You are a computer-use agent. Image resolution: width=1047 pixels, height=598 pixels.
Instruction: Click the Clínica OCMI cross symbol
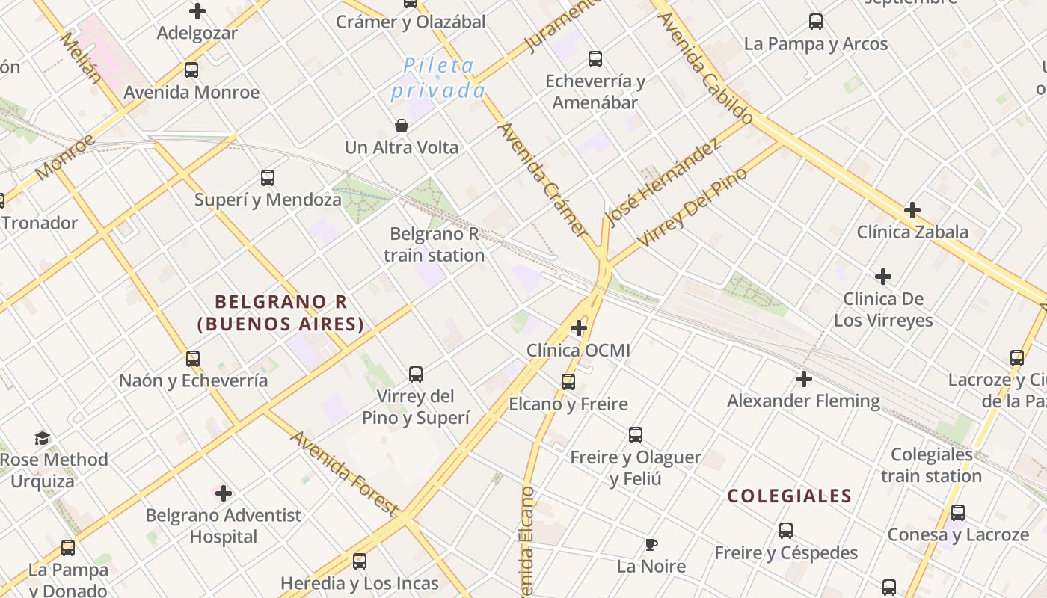click(x=578, y=328)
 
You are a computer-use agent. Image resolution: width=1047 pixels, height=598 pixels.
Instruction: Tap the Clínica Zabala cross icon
click(x=912, y=210)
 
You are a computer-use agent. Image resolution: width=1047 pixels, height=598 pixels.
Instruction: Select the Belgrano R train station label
click(x=435, y=245)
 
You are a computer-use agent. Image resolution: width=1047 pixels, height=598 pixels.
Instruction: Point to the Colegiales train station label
click(x=931, y=465)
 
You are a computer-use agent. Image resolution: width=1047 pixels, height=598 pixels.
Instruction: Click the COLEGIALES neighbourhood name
click(x=790, y=496)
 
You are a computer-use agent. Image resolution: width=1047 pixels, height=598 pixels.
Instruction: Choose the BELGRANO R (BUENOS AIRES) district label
click(x=280, y=312)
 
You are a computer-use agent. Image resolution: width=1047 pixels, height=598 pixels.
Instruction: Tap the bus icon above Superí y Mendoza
click(x=268, y=178)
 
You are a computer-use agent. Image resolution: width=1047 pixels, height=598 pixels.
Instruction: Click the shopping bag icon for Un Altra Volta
click(x=402, y=126)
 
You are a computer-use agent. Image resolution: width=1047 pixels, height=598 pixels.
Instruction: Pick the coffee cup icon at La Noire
click(x=651, y=544)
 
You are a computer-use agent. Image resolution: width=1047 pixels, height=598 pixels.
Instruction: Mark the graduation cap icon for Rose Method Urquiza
click(x=43, y=438)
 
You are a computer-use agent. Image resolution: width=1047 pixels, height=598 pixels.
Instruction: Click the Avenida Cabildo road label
click(x=706, y=69)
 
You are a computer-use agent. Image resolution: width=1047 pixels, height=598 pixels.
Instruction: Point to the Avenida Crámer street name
click(x=542, y=179)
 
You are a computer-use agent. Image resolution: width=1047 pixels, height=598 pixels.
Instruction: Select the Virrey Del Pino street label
click(x=692, y=208)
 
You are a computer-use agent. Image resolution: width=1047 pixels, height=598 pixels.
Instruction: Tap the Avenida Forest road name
click(x=343, y=473)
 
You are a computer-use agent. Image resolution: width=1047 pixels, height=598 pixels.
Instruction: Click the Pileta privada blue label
click(x=438, y=78)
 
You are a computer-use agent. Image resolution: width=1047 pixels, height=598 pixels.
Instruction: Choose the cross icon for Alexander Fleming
click(x=804, y=379)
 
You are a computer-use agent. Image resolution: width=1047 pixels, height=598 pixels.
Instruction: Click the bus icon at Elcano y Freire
click(x=568, y=382)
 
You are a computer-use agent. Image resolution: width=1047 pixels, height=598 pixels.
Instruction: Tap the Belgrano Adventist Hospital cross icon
click(x=223, y=493)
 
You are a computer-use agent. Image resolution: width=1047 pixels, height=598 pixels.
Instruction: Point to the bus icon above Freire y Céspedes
click(x=786, y=531)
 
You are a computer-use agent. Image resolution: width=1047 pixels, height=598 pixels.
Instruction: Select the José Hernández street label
click(x=663, y=182)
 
